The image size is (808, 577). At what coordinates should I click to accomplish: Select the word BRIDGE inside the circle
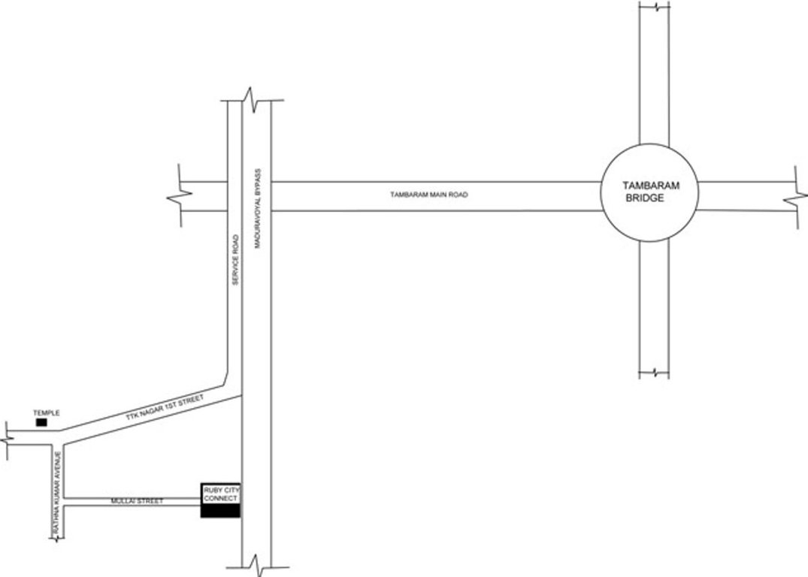646,199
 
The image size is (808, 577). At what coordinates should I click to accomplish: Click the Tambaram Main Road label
428,195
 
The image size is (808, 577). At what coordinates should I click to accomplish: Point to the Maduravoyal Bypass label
256,209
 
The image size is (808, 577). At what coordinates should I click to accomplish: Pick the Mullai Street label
137,500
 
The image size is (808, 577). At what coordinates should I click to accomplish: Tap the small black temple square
41,423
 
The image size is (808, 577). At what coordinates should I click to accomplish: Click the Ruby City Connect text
221,494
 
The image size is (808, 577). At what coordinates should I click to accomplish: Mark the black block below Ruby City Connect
221,511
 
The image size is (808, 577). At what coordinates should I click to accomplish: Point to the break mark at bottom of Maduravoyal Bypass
256,562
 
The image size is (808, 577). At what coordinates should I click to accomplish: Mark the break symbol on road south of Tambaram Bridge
654,372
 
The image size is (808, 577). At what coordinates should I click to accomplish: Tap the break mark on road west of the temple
9,435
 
